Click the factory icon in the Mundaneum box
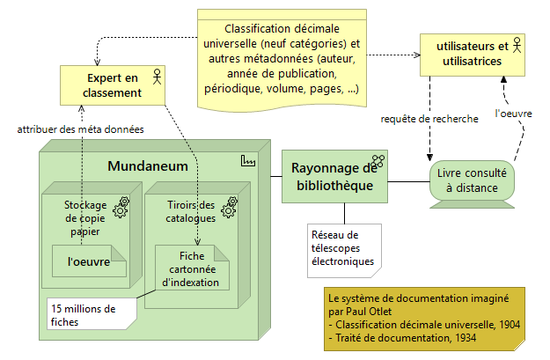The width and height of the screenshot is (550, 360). [247, 162]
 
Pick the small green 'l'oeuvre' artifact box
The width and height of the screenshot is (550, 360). [88, 261]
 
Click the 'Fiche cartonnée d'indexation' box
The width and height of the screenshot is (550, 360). [191, 268]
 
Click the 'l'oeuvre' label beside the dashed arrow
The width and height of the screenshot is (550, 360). [511, 113]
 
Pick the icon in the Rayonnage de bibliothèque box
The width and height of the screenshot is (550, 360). [378, 161]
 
